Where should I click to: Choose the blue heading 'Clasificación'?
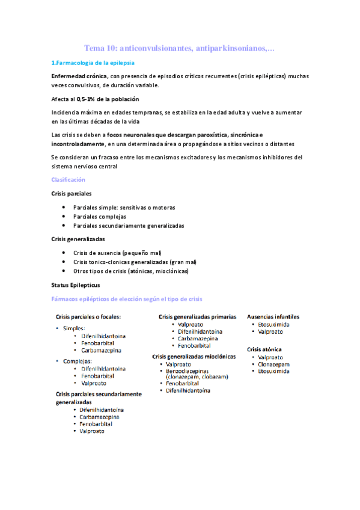point(68,180)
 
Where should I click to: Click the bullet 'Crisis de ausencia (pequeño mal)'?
point(117,253)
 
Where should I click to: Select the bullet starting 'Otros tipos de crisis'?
point(130,271)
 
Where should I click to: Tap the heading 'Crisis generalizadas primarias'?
point(197,316)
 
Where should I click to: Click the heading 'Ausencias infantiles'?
point(273,316)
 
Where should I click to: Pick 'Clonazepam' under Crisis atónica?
point(273,364)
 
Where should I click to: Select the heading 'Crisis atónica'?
point(264,349)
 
